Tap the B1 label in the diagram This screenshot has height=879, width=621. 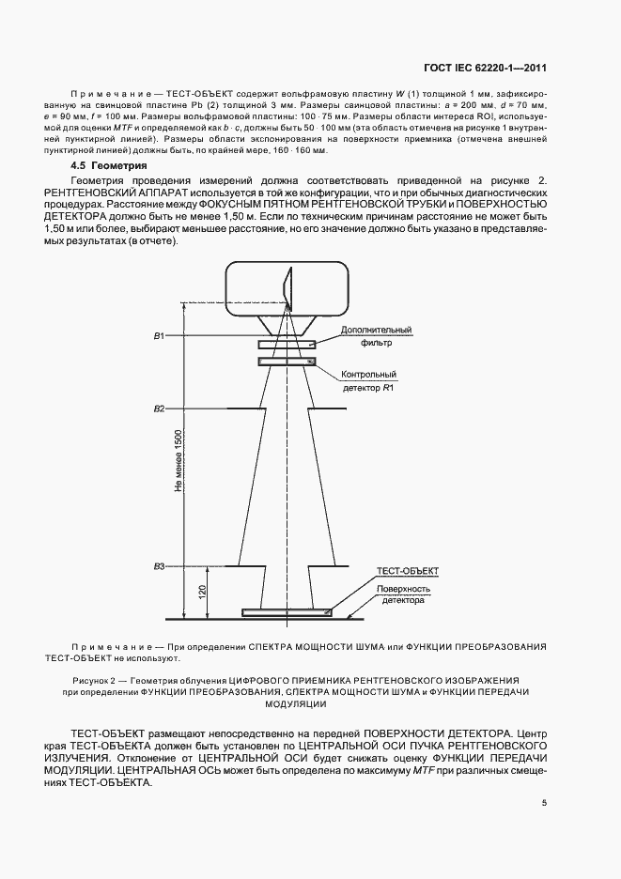(160, 335)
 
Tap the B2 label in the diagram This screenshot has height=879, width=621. (160, 409)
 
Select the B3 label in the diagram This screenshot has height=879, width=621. (160, 566)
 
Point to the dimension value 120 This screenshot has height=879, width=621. (204, 592)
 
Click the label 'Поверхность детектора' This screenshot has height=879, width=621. (404, 595)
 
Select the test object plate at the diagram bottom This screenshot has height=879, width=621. (287, 612)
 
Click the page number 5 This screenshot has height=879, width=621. (544, 802)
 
